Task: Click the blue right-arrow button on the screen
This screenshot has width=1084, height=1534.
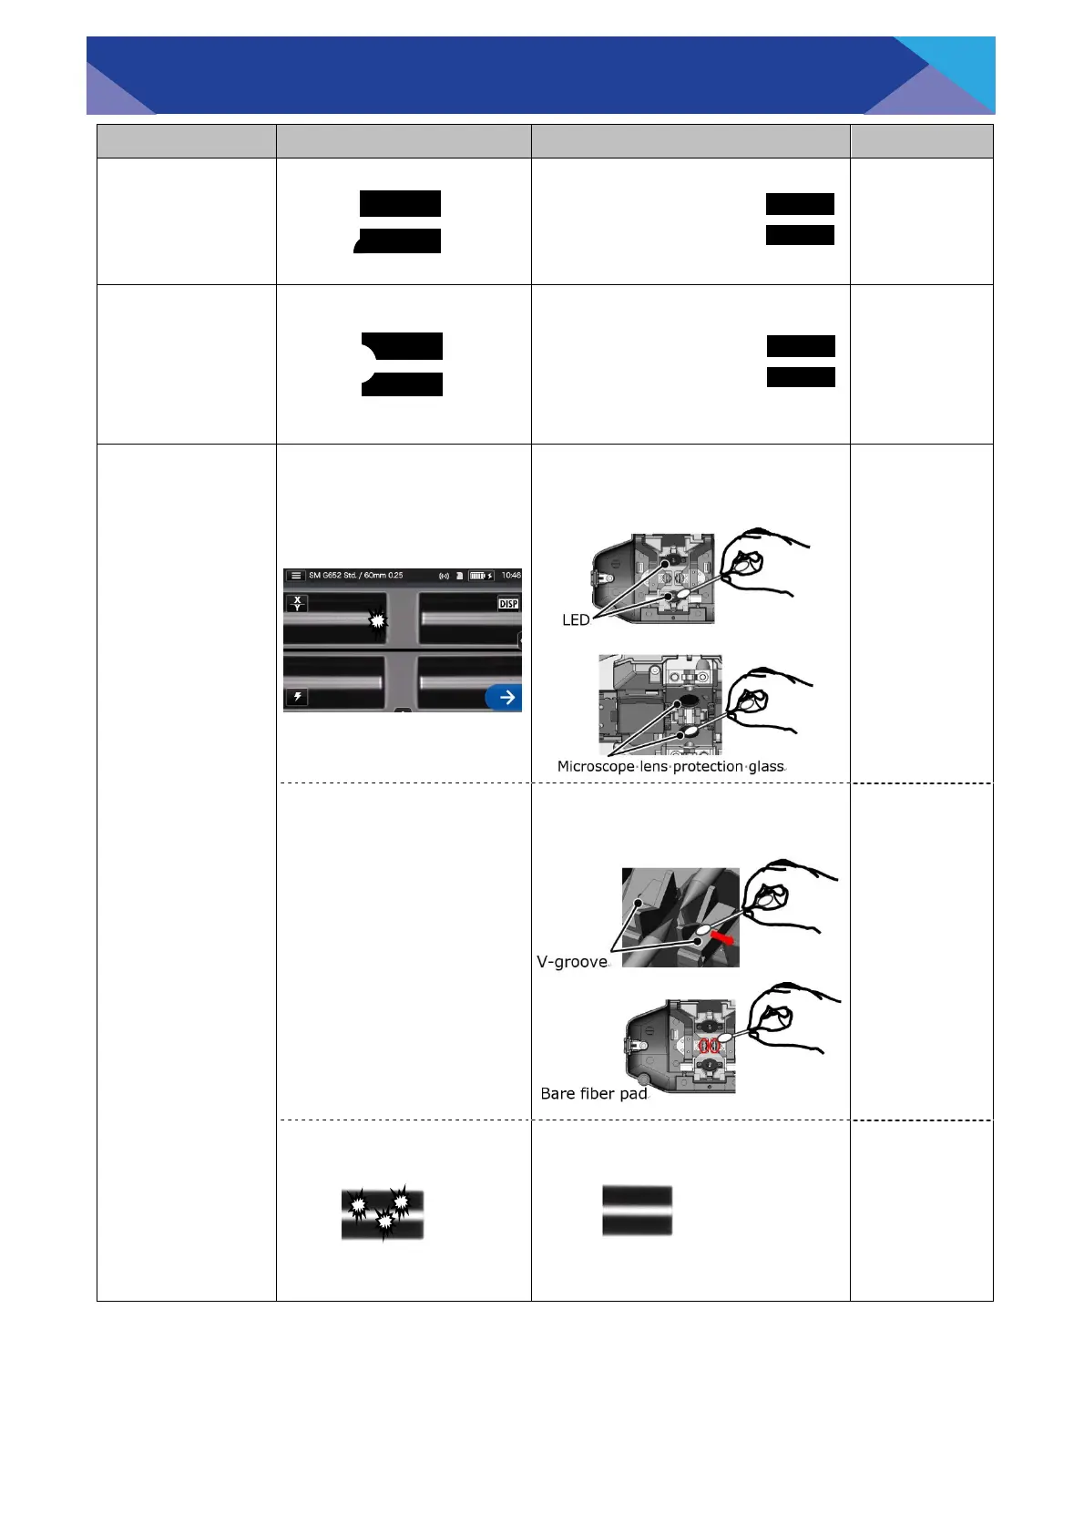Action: pos(504,698)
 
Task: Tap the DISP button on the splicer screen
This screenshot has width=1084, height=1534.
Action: pos(508,604)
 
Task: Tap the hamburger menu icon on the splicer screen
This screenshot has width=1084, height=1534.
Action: pos(296,576)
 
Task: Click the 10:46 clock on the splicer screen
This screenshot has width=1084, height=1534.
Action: pos(511,576)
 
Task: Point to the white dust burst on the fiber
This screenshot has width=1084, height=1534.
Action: pos(377,620)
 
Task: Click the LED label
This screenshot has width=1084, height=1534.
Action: pos(576,620)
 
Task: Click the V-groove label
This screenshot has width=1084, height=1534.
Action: pos(572,962)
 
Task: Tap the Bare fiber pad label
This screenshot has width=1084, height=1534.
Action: pos(594,1094)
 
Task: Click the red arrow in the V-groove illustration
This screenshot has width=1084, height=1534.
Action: pos(722,936)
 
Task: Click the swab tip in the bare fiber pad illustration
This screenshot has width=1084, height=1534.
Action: pos(726,1038)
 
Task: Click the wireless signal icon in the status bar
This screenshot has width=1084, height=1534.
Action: pos(445,576)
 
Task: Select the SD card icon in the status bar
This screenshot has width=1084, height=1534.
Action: pos(460,576)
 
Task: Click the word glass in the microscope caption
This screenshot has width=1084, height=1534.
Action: pos(766,767)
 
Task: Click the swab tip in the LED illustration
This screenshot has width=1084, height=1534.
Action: pos(742,566)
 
